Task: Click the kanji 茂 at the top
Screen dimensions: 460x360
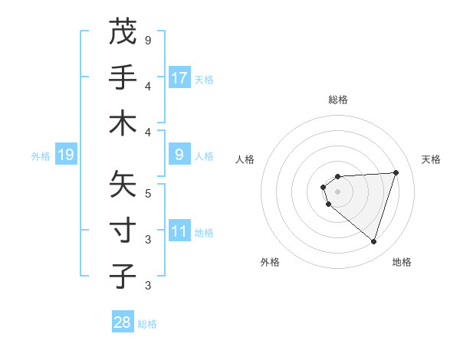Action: (x=123, y=33)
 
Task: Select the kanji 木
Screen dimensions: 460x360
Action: (x=123, y=123)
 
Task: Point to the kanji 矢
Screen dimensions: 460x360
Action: (x=123, y=185)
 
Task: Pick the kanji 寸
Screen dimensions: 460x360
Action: (x=123, y=231)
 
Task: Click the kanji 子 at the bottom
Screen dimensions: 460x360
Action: (x=123, y=277)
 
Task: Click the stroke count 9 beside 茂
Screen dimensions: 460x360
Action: (x=148, y=40)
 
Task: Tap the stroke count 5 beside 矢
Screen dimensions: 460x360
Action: (x=148, y=193)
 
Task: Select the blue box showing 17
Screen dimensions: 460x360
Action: (x=179, y=78)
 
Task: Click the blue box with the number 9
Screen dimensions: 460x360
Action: (x=179, y=155)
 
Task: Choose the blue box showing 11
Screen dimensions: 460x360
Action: (x=179, y=232)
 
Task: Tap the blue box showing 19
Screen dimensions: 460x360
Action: (x=66, y=155)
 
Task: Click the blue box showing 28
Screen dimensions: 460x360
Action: (x=123, y=322)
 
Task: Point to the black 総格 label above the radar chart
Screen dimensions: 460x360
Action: (x=337, y=100)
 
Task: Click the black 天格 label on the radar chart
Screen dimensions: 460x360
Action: (x=431, y=159)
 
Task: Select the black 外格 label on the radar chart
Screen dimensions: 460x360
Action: (x=270, y=262)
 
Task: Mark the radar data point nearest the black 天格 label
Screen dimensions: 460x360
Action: (x=396, y=172)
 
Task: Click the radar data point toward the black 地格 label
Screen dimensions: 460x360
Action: (x=373, y=242)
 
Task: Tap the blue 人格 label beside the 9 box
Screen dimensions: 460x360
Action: (x=204, y=156)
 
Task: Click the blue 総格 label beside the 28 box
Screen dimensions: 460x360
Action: (x=147, y=324)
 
